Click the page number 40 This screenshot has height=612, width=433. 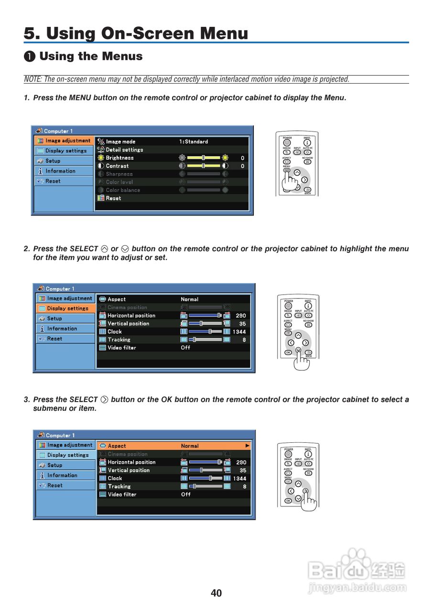216,593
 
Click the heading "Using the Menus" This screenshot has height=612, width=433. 91,56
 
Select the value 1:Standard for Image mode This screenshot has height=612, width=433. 194,142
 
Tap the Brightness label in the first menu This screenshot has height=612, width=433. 119,158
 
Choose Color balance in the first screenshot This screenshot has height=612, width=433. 123,190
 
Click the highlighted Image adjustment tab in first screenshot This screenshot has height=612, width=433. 64,141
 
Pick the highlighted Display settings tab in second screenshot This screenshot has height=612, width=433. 65,308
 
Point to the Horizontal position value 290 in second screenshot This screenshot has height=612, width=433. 241,316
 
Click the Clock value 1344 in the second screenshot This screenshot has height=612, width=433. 239,332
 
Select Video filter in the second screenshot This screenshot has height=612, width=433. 121,348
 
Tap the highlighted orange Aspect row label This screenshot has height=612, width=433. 117,446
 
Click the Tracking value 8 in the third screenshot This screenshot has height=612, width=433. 245,487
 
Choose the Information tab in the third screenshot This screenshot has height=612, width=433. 62,475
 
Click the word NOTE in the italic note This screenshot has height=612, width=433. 32,79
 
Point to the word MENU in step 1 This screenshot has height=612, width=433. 80,98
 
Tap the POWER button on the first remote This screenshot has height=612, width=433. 287,142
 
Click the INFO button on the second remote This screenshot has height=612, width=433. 308,305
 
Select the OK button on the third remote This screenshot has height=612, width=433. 288,501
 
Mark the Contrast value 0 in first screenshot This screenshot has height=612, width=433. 242,166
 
